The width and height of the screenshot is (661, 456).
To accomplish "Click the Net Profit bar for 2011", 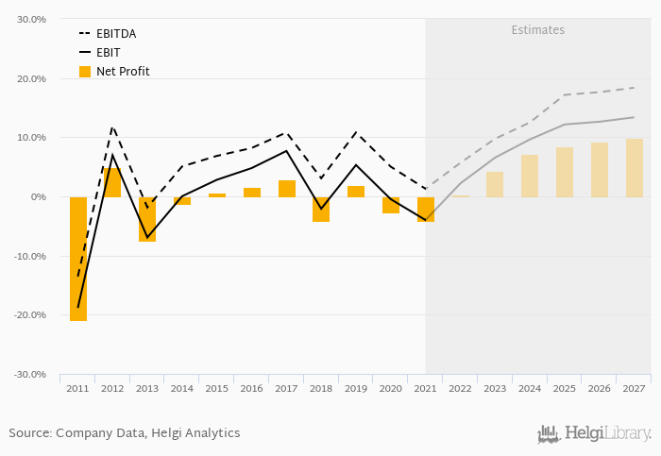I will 77,259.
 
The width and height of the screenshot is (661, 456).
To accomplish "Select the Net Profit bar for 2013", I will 147,219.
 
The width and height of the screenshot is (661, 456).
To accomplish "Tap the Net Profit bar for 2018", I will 321,209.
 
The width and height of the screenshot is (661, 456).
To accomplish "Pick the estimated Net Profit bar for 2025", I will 565,172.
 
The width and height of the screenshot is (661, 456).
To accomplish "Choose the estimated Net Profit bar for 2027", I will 635,168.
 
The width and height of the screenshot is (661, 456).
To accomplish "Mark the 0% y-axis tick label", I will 37,197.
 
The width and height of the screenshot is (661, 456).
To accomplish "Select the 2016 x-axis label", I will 251,388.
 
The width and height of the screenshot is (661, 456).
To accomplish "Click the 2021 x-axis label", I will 425,388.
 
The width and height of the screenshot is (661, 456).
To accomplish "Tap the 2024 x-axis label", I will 530,388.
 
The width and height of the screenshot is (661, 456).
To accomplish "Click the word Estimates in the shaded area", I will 538,30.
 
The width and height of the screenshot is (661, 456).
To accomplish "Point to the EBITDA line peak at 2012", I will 112,126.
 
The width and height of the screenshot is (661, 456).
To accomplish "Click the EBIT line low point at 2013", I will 147,237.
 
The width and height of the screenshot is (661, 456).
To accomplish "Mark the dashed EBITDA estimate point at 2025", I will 565,94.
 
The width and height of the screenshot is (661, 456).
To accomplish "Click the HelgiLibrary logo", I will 595,434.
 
